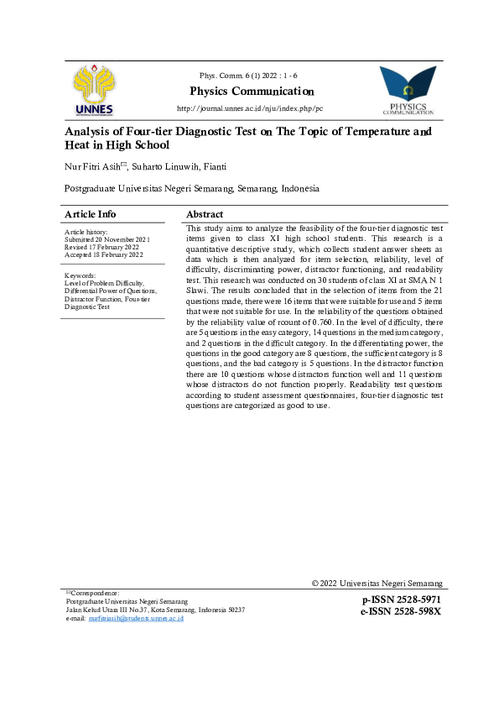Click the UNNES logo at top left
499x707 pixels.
[94, 90]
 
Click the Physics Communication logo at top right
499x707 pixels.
[408, 90]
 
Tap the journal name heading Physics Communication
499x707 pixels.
[252, 92]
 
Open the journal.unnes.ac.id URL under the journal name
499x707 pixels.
[249, 109]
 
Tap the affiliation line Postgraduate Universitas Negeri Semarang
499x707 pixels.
[192, 189]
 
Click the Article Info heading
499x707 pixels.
[91, 214]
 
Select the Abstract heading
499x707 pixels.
[205, 214]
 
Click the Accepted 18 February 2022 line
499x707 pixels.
[102, 254]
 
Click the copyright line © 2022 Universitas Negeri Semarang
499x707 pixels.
[377, 584]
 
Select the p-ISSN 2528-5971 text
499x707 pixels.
[401, 600]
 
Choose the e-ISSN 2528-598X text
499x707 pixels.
[401, 611]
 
